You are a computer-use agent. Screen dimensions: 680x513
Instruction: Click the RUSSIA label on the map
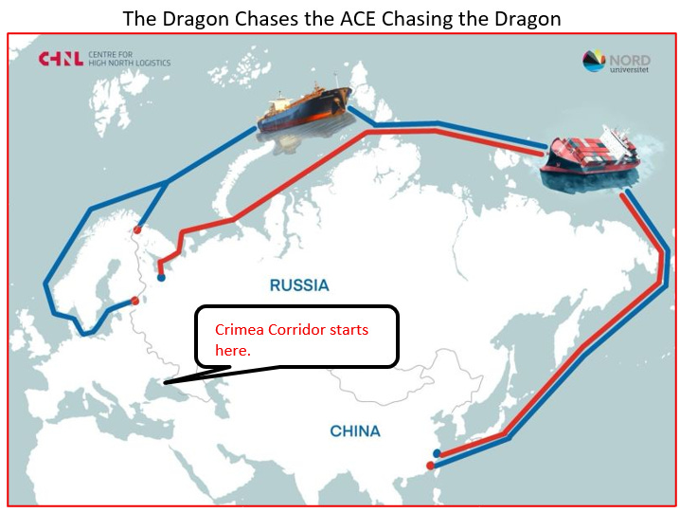click(x=299, y=284)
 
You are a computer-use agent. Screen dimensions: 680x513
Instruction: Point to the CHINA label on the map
click(x=355, y=431)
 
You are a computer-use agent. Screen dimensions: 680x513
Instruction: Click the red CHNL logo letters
click(x=58, y=60)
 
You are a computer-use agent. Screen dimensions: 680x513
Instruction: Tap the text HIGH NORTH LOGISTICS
click(x=131, y=64)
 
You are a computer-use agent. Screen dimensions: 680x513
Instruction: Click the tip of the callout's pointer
click(x=162, y=383)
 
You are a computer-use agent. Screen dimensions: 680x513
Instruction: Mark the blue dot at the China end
click(x=437, y=453)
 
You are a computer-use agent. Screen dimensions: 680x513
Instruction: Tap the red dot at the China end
click(x=431, y=466)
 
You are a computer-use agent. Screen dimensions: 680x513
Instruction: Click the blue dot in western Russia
click(x=161, y=278)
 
